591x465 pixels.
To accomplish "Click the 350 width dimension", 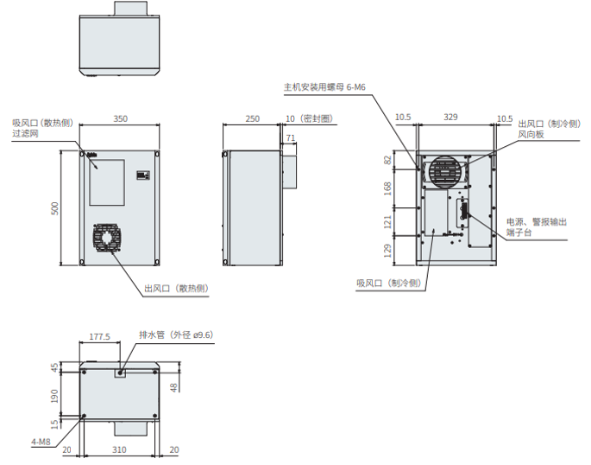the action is tap(121, 118).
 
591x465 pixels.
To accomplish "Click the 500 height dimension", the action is tap(55, 208).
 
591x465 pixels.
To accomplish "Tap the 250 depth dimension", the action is tap(253, 118).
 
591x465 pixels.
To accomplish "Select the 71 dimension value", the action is tap(291, 138).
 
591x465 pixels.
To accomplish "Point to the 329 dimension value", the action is tap(450, 117).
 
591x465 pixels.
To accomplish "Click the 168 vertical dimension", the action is tap(387, 188).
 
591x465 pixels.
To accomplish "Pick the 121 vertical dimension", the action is tap(387, 221).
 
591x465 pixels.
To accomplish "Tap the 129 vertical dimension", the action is tap(387, 251).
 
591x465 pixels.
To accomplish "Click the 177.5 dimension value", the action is tap(99, 336).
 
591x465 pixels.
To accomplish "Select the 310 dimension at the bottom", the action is tap(119, 449).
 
